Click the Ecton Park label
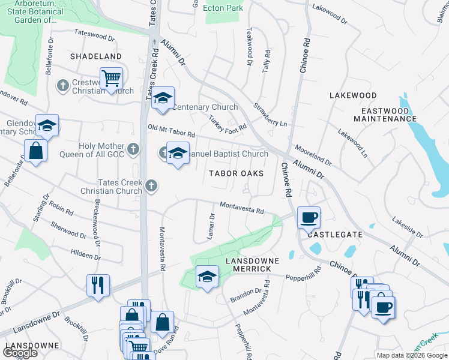(223, 8)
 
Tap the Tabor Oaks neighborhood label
(237, 173)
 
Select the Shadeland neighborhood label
(96, 56)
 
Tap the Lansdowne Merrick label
(248, 265)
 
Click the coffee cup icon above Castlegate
(309, 218)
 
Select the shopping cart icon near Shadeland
(111, 79)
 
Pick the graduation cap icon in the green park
(206, 277)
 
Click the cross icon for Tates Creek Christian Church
(151, 186)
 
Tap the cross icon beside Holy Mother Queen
(133, 148)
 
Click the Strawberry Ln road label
(270, 115)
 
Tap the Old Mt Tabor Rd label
(172, 130)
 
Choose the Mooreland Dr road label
(313, 155)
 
